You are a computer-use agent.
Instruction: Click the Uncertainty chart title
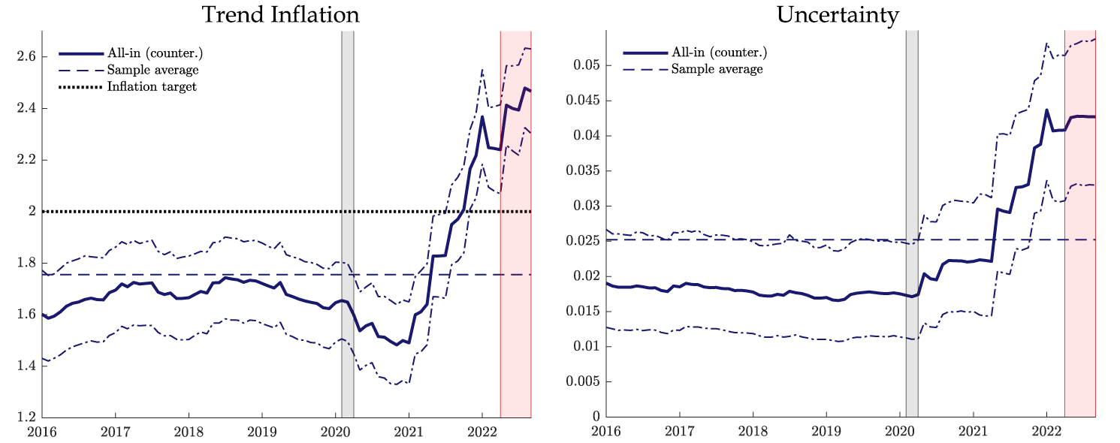click(850, 15)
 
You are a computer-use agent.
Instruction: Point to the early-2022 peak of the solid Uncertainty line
click(1046, 110)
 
